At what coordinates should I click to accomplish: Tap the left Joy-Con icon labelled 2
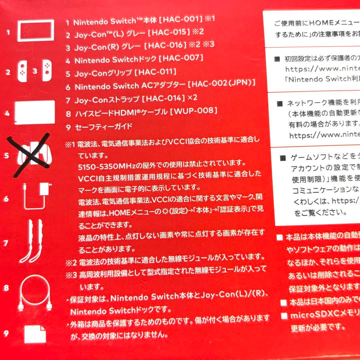(22, 71)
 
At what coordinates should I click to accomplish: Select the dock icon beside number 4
(35, 112)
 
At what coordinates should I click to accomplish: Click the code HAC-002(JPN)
(222, 83)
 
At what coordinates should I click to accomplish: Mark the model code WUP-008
(193, 111)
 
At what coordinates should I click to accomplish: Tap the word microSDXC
(310, 315)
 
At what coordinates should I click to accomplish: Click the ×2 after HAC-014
(193, 98)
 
